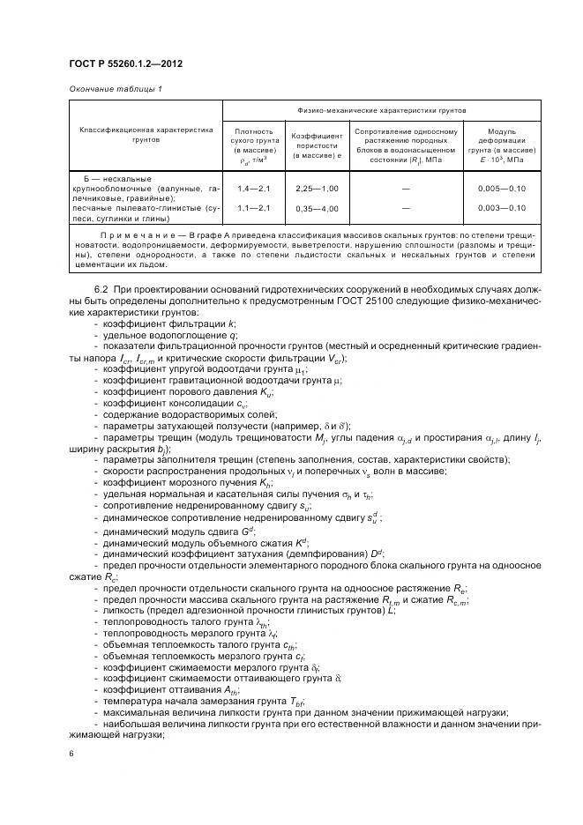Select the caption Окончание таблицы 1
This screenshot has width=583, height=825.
tap(116, 89)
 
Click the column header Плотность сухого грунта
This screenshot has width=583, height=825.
tap(257, 145)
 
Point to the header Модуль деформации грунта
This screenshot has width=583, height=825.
tap(502, 145)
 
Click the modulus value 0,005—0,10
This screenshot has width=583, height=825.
tap(502, 189)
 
